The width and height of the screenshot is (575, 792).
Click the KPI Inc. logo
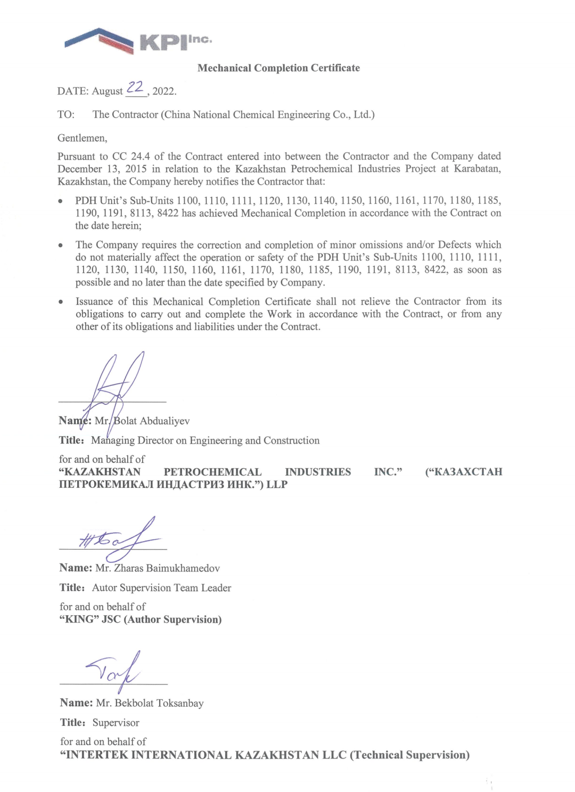[x=137, y=40]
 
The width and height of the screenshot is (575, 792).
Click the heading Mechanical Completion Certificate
[x=278, y=68]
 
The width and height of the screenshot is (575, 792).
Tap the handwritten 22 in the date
[x=135, y=87]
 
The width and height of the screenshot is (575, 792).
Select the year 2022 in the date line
[x=163, y=91]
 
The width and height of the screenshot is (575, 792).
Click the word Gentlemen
[x=82, y=138]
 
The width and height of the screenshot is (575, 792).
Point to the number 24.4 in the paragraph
[x=140, y=157]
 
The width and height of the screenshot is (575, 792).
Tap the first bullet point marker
[x=61, y=201]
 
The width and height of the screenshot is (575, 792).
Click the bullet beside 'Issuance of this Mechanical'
[x=62, y=302]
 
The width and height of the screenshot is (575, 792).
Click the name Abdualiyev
[x=165, y=421]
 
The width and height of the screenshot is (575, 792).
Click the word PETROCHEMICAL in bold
[x=212, y=472]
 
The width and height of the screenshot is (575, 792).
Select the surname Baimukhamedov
[x=183, y=568]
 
